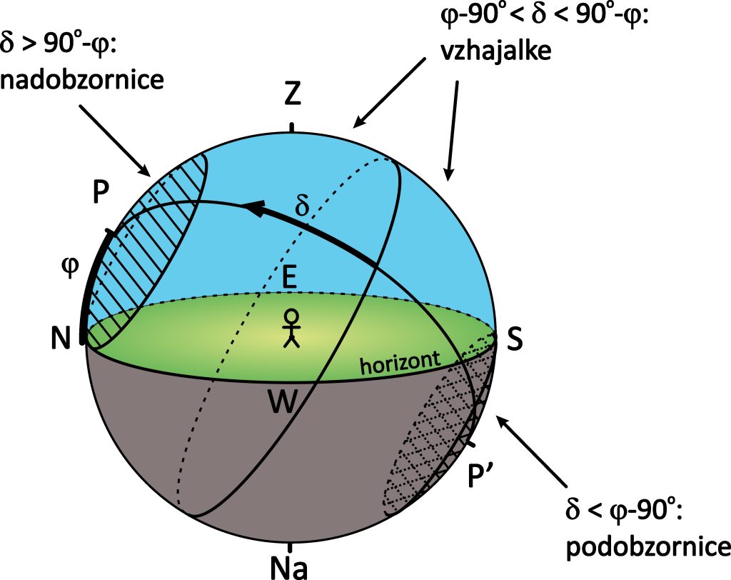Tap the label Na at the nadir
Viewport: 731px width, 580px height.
(289, 566)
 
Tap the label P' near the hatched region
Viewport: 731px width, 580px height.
(483, 475)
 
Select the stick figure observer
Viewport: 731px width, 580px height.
(291, 329)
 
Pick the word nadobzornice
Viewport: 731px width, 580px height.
(82, 79)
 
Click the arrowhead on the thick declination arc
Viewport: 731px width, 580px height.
(253, 208)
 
